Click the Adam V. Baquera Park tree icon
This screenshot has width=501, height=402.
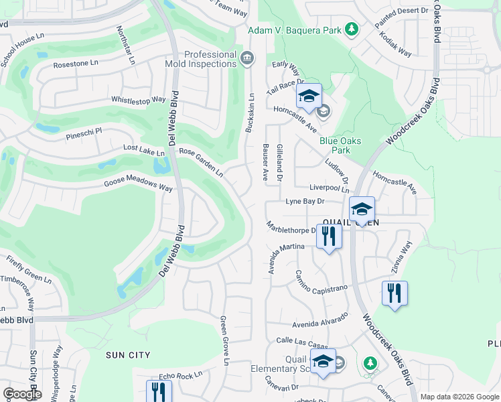(x=350, y=29)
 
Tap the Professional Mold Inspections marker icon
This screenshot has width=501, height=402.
(x=246, y=58)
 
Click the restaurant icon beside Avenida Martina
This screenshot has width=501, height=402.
(x=328, y=237)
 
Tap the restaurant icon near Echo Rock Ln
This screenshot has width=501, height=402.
(x=159, y=391)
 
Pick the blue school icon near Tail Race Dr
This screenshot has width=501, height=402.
(x=309, y=97)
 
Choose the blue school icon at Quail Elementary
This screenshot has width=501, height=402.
(x=323, y=362)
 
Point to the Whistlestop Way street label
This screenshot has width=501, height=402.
(x=139, y=100)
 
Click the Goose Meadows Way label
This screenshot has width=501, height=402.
(x=138, y=186)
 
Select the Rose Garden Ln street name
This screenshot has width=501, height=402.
(x=201, y=161)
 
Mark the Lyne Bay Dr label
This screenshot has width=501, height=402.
(x=305, y=201)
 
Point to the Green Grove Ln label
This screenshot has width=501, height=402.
(x=225, y=340)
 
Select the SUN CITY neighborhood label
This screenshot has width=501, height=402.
(x=128, y=354)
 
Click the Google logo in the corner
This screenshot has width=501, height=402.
(x=22, y=393)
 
